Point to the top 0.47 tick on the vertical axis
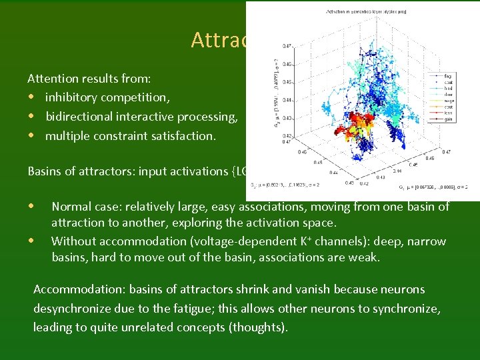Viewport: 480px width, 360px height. click(x=285, y=46)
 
